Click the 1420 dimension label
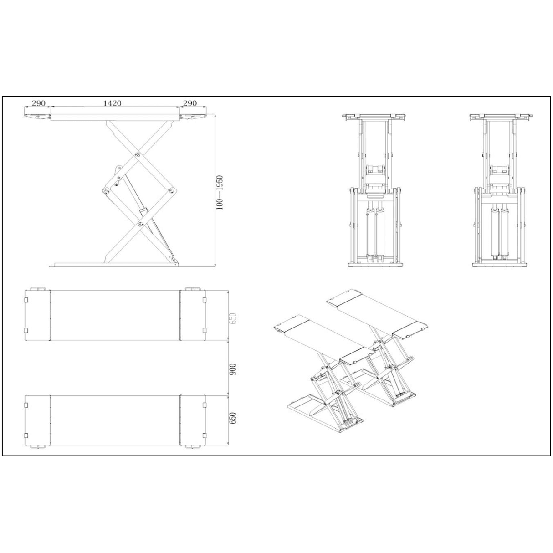click(x=112, y=103)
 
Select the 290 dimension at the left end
click(x=38, y=103)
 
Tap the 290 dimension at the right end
click(x=189, y=103)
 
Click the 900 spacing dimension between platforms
click(x=233, y=369)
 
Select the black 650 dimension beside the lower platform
click(x=233, y=418)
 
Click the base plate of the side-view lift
click(x=114, y=264)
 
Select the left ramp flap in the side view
click(x=37, y=116)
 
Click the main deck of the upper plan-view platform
click(x=115, y=315)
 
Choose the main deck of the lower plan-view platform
click(x=115, y=420)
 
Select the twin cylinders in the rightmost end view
click(x=499, y=232)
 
